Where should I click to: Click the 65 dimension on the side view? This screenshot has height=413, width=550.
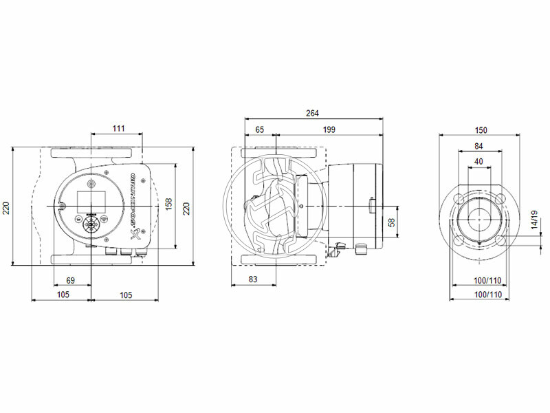[x=260, y=129]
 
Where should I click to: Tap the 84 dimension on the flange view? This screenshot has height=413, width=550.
[x=478, y=146]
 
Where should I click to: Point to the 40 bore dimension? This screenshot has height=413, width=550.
[x=478, y=162]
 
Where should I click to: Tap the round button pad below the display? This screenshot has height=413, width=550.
[x=91, y=225]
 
